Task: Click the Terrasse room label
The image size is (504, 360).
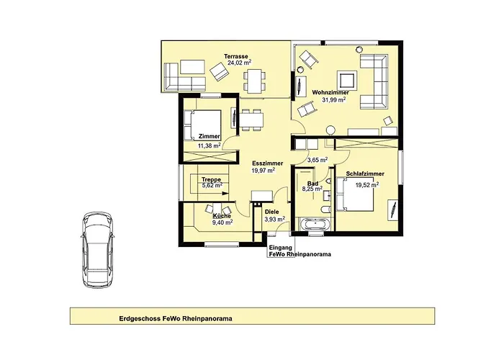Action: tap(236, 57)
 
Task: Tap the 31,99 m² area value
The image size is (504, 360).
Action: tap(334, 99)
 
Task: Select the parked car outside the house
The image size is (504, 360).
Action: tap(97, 250)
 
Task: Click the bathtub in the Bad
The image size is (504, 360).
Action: tap(314, 224)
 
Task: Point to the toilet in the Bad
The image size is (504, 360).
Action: tap(325, 210)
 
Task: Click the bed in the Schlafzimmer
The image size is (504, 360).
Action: tap(355, 194)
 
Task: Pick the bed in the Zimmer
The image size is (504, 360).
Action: tap(202, 125)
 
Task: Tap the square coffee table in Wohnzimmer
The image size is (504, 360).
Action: tap(346, 80)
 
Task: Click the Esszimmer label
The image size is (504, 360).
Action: tap(263, 163)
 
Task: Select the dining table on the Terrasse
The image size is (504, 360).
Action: tap(254, 81)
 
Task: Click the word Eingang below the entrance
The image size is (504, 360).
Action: tap(280, 248)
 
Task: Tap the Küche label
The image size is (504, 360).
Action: tap(222, 216)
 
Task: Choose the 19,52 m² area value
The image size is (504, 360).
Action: tap(367, 185)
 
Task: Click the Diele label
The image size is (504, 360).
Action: tap(271, 212)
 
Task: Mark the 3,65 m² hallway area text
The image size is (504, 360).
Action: tap(318, 159)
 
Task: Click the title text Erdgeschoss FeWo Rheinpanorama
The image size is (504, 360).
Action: tap(176, 318)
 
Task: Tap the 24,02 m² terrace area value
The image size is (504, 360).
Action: tap(239, 63)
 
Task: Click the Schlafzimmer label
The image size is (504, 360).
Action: tap(365, 174)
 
